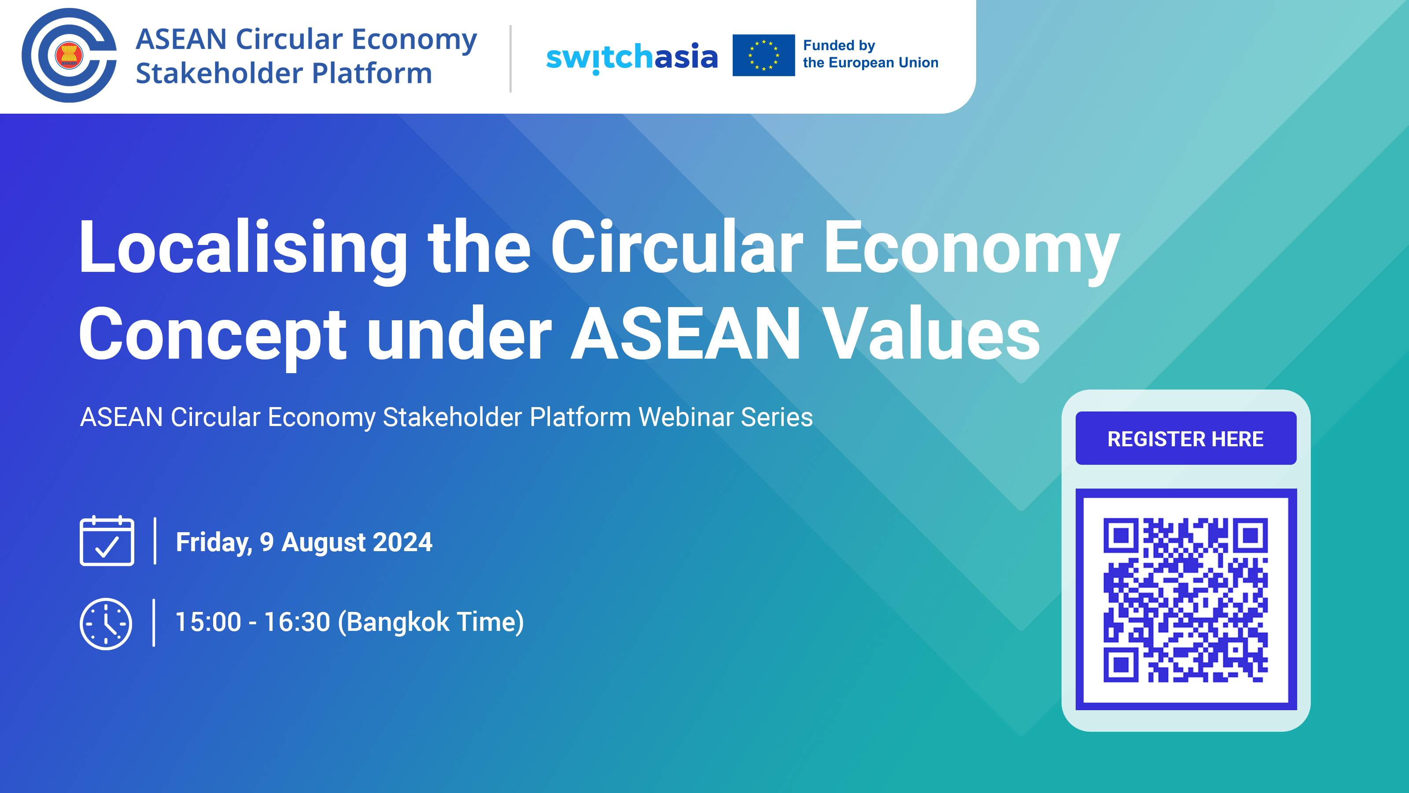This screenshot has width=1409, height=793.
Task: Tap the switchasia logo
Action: tap(632, 57)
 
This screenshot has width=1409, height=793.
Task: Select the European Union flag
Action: tap(764, 55)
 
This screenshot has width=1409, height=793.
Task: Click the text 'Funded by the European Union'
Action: tap(870, 54)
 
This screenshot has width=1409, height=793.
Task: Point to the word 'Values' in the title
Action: tap(932, 334)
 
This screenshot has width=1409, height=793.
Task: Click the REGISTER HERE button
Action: tap(1186, 438)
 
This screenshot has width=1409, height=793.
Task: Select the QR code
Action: tap(1186, 599)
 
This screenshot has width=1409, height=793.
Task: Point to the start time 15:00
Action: tap(208, 622)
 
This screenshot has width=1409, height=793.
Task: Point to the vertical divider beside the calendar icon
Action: tap(155, 541)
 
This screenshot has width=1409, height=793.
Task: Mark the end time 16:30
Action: tap(298, 622)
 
